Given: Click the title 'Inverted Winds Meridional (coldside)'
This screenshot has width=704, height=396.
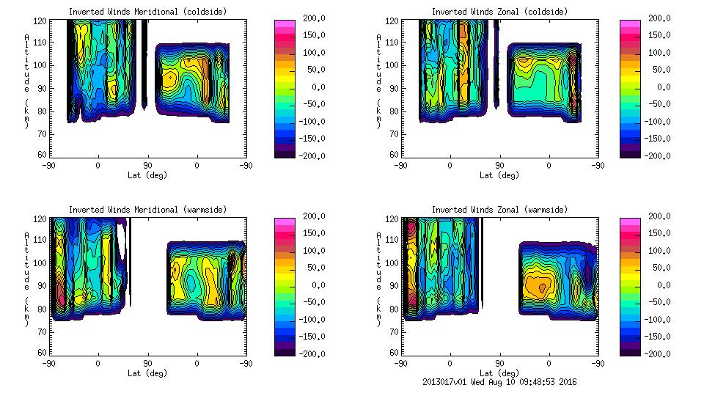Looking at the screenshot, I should pyautogui.click(x=147, y=12).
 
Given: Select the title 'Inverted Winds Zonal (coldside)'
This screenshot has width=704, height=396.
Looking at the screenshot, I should pyautogui.click(x=499, y=12).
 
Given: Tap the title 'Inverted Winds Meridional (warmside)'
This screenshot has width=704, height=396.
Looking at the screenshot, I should pyautogui.click(x=147, y=210).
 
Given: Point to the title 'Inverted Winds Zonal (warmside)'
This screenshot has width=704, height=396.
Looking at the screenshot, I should pyautogui.click(x=499, y=210).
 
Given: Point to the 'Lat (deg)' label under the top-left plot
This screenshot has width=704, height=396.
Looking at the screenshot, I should pyautogui.click(x=147, y=175).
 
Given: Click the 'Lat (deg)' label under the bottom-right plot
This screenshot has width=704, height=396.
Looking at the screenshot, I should pyautogui.click(x=499, y=373).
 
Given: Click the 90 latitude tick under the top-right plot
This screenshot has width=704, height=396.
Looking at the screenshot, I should pyautogui.click(x=499, y=166).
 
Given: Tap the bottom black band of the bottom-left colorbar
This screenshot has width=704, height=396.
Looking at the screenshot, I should pyautogui.click(x=284, y=350).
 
